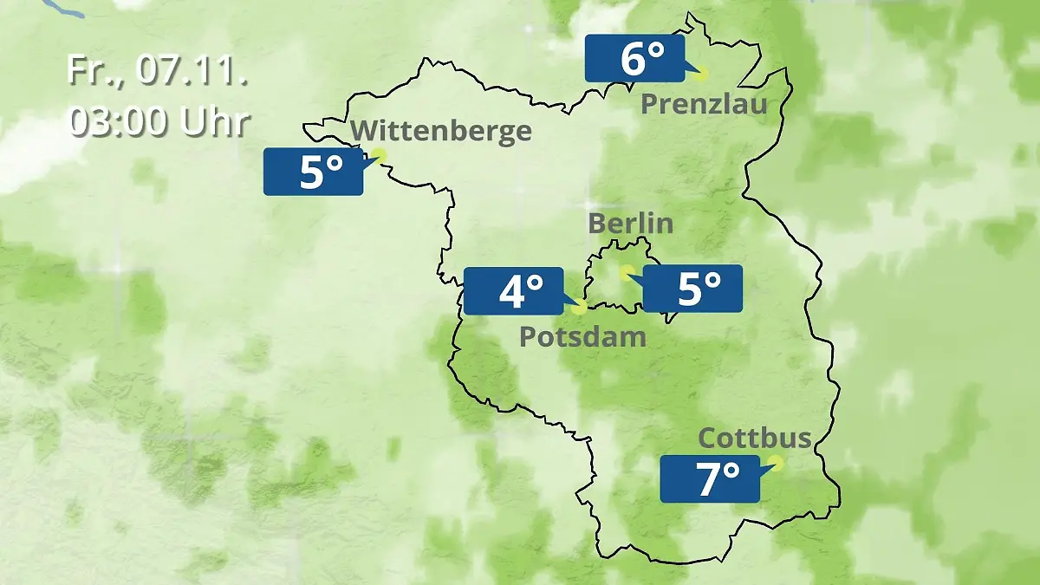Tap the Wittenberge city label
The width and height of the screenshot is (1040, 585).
click(442, 131)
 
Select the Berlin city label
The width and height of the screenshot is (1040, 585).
click(630, 223)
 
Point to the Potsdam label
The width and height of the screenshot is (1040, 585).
click(582, 336)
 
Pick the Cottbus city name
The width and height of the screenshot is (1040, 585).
click(755, 438)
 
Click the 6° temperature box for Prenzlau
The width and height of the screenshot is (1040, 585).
click(634, 59)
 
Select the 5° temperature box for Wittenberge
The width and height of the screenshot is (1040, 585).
click(313, 172)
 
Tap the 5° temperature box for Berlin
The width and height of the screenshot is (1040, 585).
click(692, 289)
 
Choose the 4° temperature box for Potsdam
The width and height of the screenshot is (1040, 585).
click(514, 291)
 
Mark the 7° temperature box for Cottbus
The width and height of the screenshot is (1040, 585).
click(710, 478)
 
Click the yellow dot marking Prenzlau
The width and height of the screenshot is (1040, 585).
click(701, 74)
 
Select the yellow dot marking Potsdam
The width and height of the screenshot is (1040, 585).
click(579, 308)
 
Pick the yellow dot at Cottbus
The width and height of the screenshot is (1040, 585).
click(776, 463)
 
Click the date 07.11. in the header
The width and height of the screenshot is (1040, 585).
click(192, 71)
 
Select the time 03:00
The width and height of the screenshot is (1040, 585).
click(120, 123)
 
